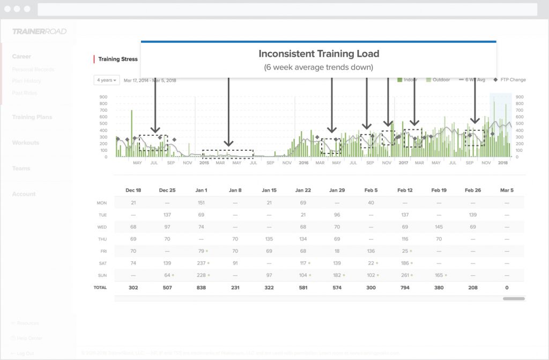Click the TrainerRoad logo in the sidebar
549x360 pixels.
(39, 32)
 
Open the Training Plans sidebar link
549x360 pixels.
(32, 117)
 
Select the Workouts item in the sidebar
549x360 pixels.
(26, 143)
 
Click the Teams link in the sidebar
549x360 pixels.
(21, 168)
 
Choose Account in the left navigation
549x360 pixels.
(24, 194)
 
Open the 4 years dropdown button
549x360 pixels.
(107, 80)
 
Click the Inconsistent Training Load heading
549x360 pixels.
(318, 54)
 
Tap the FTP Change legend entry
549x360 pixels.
(509, 80)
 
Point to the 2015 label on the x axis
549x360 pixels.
(204, 163)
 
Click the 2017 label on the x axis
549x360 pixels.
(403, 163)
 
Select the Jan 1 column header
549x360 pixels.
(201, 190)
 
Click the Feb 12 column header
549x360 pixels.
(405, 190)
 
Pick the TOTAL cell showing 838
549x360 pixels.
(201, 288)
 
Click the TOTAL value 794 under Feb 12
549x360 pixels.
(405, 288)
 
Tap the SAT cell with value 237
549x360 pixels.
(201, 263)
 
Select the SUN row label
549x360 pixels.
(101, 275)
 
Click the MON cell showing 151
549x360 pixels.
(201, 203)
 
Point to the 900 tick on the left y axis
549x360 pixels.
(103, 97)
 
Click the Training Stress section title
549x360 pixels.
(118, 59)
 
